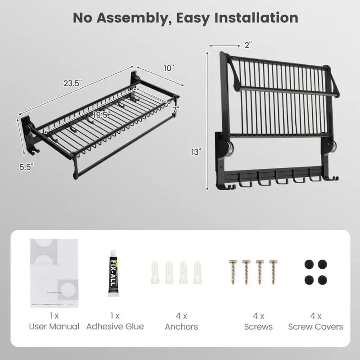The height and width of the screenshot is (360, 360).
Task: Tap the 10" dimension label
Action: (x=169, y=68)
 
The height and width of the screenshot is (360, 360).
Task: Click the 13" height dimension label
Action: (x=195, y=152)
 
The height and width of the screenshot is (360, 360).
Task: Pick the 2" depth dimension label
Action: (x=247, y=45)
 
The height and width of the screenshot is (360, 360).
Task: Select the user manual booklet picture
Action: (x=54, y=273)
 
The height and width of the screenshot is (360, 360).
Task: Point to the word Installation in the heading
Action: (x=254, y=18)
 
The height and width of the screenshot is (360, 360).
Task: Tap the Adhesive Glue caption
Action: (x=115, y=326)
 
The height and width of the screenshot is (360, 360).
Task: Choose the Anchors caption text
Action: (x=181, y=326)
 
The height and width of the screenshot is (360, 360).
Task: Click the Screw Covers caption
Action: (x=315, y=326)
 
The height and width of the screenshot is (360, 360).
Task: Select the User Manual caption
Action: (x=54, y=326)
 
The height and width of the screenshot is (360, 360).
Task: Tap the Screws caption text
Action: (x=258, y=326)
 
